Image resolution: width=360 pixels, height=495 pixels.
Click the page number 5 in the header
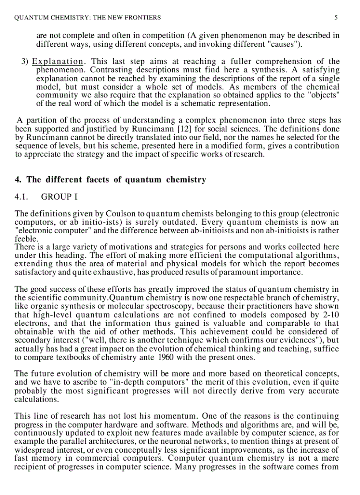336,18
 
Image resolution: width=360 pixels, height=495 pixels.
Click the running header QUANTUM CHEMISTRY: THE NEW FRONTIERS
87,18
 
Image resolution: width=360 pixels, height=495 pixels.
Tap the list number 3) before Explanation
25,61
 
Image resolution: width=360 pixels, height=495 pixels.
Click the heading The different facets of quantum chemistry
110,179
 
